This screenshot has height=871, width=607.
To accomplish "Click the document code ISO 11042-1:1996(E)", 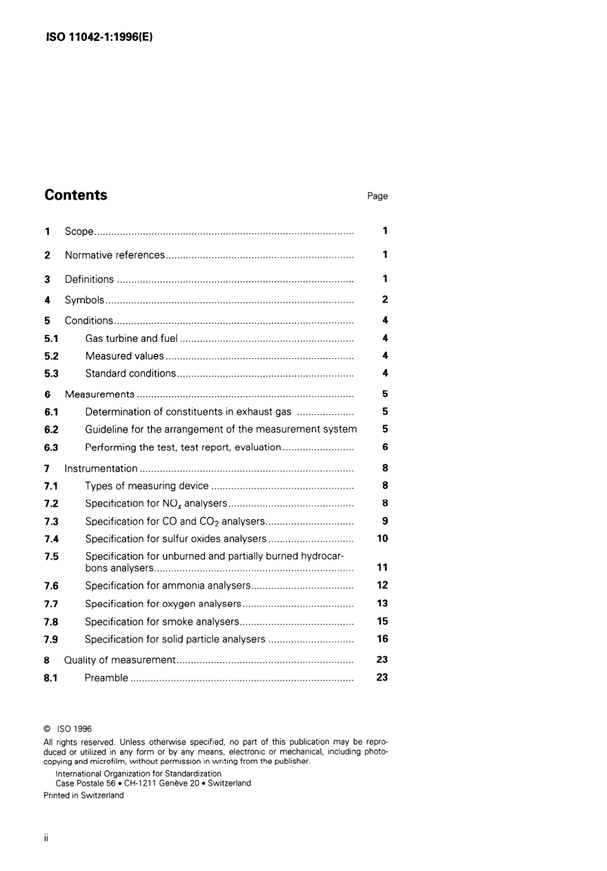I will pos(99,37).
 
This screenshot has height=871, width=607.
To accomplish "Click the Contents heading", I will pos(76,196).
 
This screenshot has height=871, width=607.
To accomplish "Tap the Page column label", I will pos(377,196).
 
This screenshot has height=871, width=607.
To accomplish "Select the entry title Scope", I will pos(79,231).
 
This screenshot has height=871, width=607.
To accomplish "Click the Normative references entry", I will pos(114,255).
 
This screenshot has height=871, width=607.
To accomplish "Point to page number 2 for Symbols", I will pos(385,299).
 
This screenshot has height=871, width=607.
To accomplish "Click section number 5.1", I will pos(51,339).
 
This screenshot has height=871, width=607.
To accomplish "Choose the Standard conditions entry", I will pos(130,374).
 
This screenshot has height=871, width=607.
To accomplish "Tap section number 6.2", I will pos(51,429).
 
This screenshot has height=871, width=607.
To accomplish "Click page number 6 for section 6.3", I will pos(385,447).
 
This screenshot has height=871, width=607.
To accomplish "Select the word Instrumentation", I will pos(101,468).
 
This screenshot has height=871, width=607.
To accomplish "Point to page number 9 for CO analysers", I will pos(385,521).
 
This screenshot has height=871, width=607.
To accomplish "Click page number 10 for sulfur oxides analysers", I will pos(382,539).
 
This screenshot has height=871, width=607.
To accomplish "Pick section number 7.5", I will pos(51,557).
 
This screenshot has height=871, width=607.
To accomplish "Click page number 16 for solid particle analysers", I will pos(382,639).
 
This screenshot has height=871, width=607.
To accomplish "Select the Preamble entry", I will pos(106,678).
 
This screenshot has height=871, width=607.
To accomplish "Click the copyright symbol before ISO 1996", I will pos(47,728).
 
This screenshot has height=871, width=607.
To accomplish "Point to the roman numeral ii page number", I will pos(46,838).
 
